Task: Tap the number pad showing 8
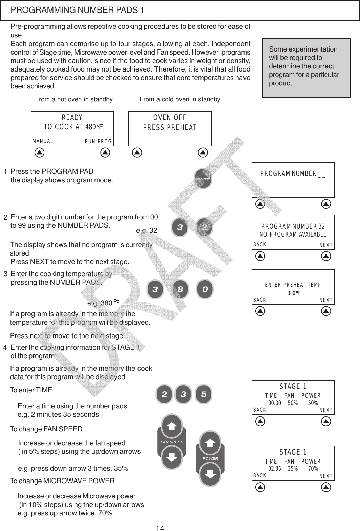click(x=180, y=290)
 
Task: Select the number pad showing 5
click(x=204, y=394)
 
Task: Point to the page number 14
click(x=160, y=527)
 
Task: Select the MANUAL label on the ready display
click(x=43, y=141)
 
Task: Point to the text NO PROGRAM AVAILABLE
click(x=293, y=234)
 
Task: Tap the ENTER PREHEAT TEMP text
click(x=293, y=285)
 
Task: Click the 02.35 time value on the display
click(x=274, y=469)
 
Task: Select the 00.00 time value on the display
click(x=274, y=403)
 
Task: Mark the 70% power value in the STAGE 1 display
click(x=313, y=469)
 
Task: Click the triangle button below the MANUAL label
click(x=40, y=152)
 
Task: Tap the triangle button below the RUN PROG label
click(x=106, y=152)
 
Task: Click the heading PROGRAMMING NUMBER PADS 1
click(x=77, y=10)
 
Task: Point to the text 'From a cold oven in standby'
click(x=180, y=99)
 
